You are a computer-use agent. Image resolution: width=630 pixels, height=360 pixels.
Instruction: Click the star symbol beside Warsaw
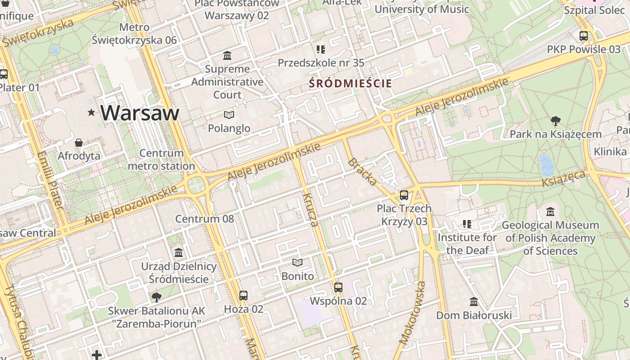coord(91,112)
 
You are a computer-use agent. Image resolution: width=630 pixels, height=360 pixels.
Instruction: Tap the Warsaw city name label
coord(140,112)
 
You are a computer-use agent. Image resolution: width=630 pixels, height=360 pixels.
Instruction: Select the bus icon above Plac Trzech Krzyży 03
coord(404,195)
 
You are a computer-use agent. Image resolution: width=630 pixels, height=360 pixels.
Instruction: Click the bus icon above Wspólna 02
coord(338,287)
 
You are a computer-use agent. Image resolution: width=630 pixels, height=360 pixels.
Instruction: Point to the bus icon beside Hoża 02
coord(243,296)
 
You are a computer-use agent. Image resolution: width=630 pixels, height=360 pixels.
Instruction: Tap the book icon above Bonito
coord(297,262)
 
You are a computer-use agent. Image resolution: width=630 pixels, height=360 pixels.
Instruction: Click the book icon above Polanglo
coord(229,115)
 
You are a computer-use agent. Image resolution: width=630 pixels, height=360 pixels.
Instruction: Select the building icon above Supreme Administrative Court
coord(228,55)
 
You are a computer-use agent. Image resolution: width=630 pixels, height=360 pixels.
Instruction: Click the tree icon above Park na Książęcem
coord(556,121)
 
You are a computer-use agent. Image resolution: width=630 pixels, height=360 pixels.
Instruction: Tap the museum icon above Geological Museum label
coord(550,211)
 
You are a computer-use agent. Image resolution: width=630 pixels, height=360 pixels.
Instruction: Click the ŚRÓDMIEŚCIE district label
coord(351,83)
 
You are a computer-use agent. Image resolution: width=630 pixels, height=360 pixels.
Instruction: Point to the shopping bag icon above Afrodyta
coord(79,143)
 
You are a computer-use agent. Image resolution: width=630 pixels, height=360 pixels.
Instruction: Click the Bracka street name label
coord(362,171)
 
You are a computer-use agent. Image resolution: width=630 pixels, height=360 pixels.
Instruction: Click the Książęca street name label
coord(564,179)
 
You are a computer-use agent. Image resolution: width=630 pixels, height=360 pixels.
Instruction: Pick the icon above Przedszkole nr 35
coord(320,49)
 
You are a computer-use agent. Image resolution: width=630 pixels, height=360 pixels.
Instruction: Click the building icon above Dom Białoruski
coord(474,301)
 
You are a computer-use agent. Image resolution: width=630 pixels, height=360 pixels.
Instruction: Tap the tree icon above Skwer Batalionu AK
coord(157,297)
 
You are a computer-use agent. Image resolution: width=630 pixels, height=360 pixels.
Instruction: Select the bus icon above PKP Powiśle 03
coord(584,36)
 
